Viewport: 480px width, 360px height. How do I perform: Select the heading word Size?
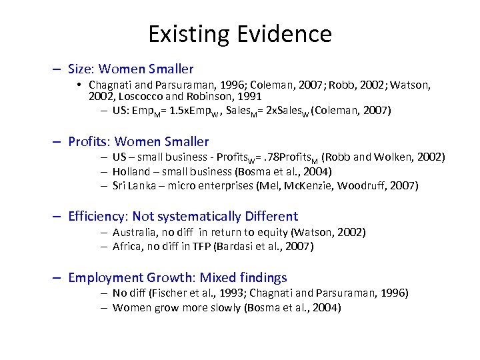[x=83, y=69]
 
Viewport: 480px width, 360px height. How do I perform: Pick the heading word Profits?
[x=91, y=141]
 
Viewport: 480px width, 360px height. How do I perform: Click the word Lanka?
[x=142, y=185]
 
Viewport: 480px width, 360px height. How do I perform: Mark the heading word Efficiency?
[x=98, y=216]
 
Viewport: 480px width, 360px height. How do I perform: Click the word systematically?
[x=203, y=216]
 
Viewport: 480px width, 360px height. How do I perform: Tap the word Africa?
[x=128, y=246]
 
